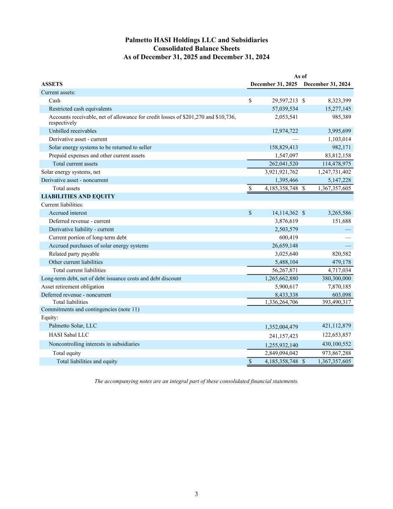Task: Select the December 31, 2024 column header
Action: point(327,84)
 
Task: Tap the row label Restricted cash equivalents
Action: point(80,109)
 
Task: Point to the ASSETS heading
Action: point(52,84)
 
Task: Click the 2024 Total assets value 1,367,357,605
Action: point(335,188)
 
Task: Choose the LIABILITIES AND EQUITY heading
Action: point(78,197)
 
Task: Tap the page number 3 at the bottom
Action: point(196,494)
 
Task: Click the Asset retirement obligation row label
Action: point(73,287)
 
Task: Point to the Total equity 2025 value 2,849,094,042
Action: point(281,353)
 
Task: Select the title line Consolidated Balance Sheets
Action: point(196,48)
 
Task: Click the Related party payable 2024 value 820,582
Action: point(341,254)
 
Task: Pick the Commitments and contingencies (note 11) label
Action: point(90,310)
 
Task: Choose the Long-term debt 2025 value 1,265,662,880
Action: point(281,279)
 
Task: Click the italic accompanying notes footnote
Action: point(196,381)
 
